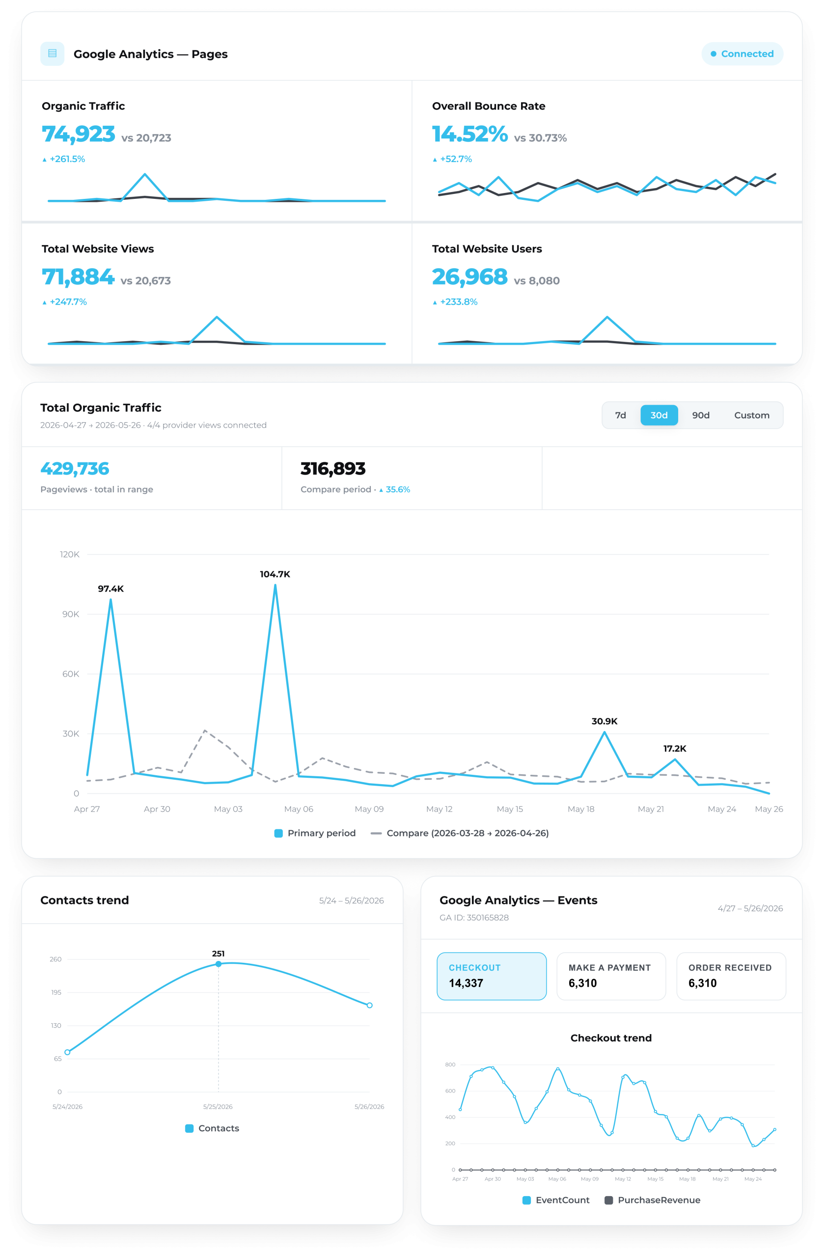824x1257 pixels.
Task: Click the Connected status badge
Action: [x=742, y=54]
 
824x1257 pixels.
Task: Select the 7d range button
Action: [x=620, y=415]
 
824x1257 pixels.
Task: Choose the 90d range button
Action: [x=700, y=415]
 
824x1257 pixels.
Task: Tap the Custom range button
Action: [x=751, y=415]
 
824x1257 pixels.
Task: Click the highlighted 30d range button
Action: [x=659, y=415]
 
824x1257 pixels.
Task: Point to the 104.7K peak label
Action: [x=275, y=574]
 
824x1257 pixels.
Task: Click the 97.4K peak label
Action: [x=110, y=589]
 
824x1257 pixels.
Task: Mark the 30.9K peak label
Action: [x=604, y=721]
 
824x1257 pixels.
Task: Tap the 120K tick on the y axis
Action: [x=70, y=554]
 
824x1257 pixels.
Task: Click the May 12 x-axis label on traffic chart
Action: [x=439, y=809]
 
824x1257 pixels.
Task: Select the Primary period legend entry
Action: [x=315, y=833]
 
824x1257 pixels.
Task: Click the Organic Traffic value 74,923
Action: [x=78, y=134]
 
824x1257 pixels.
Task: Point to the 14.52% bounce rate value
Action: [x=469, y=134]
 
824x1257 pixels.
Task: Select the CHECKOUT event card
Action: [x=491, y=976]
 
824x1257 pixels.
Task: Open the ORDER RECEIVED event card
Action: [x=731, y=976]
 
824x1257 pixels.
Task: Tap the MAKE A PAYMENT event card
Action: [x=610, y=976]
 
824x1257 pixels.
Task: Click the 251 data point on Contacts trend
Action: [x=218, y=964]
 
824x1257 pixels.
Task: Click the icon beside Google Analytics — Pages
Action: [x=52, y=54]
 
